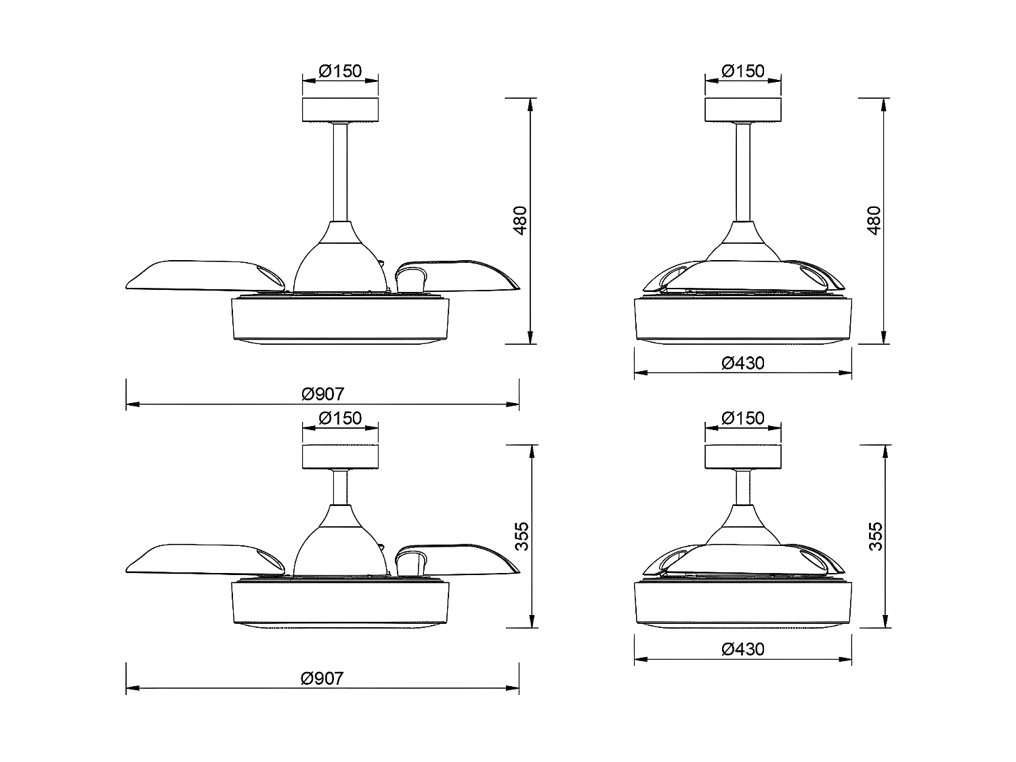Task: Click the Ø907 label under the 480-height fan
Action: pos(323,394)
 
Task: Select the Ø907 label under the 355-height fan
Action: pos(323,678)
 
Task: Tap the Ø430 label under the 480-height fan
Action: pos(743,363)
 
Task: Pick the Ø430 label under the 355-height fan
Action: pos(743,649)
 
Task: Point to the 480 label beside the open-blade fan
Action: pos(520,220)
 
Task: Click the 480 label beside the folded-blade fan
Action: pos(874,220)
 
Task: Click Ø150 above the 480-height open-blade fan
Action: pos(340,70)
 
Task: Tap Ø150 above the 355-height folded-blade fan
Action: pos(743,418)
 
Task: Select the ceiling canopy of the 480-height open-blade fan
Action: pos(340,110)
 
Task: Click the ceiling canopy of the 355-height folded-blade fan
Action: pos(743,457)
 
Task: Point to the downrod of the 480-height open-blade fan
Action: pos(340,173)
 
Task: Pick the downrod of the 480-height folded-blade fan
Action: pos(743,173)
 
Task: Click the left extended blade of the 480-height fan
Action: pos(190,276)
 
